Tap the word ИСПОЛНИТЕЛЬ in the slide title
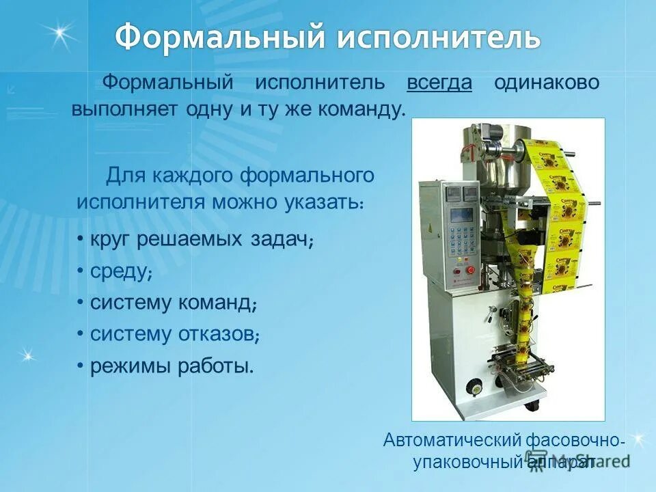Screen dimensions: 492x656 tap(437, 37)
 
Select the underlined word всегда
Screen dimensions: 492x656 tap(439, 83)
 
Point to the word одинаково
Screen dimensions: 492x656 tap(547, 83)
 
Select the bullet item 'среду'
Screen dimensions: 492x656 tap(120, 271)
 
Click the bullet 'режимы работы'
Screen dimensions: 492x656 tap(171, 366)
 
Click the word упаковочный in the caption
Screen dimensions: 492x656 tap(467, 463)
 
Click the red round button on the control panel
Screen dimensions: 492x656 tap(456, 279)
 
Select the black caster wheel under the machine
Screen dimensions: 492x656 tap(530, 406)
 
